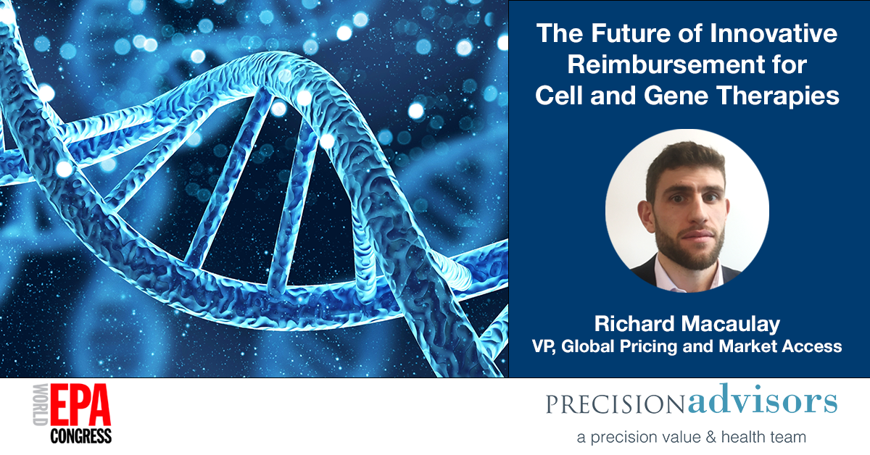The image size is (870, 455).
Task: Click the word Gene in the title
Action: click(676, 96)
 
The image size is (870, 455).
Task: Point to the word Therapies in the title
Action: click(778, 96)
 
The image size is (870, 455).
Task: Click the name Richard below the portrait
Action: click(634, 323)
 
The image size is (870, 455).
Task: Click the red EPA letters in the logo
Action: click(80, 405)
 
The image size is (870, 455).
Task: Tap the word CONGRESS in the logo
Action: click(80, 436)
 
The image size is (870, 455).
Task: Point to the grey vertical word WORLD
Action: click(41, 405)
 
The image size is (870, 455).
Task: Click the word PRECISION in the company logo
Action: click(615, 404)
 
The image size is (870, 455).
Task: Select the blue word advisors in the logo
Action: click(763, 400)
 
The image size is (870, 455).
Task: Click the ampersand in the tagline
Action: click(710, 437)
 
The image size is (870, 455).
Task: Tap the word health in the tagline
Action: click(741, 437)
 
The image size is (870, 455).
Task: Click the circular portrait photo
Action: click(687, 211)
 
